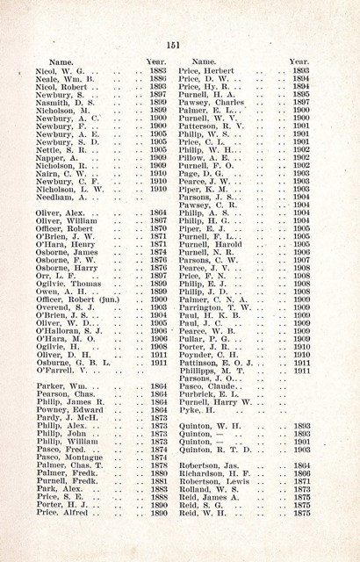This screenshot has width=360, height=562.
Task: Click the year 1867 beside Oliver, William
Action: point(158,220)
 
